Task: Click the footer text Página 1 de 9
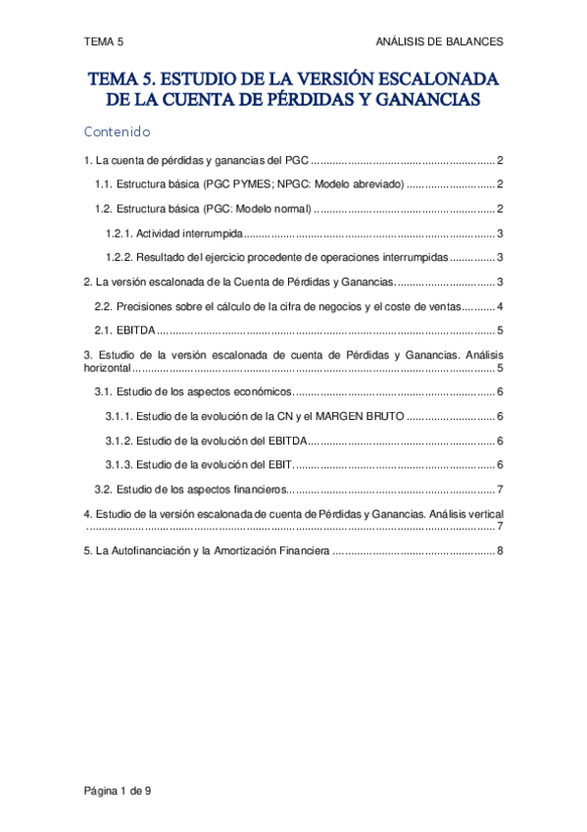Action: point(117,792)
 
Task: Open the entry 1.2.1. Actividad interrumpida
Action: point(174,234)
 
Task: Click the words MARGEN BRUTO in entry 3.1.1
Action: point(363,416)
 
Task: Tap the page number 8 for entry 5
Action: point(500,550)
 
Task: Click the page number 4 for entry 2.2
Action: point(500,306)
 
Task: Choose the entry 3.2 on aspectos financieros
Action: point(189,489)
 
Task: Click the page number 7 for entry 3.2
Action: point(500,489)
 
